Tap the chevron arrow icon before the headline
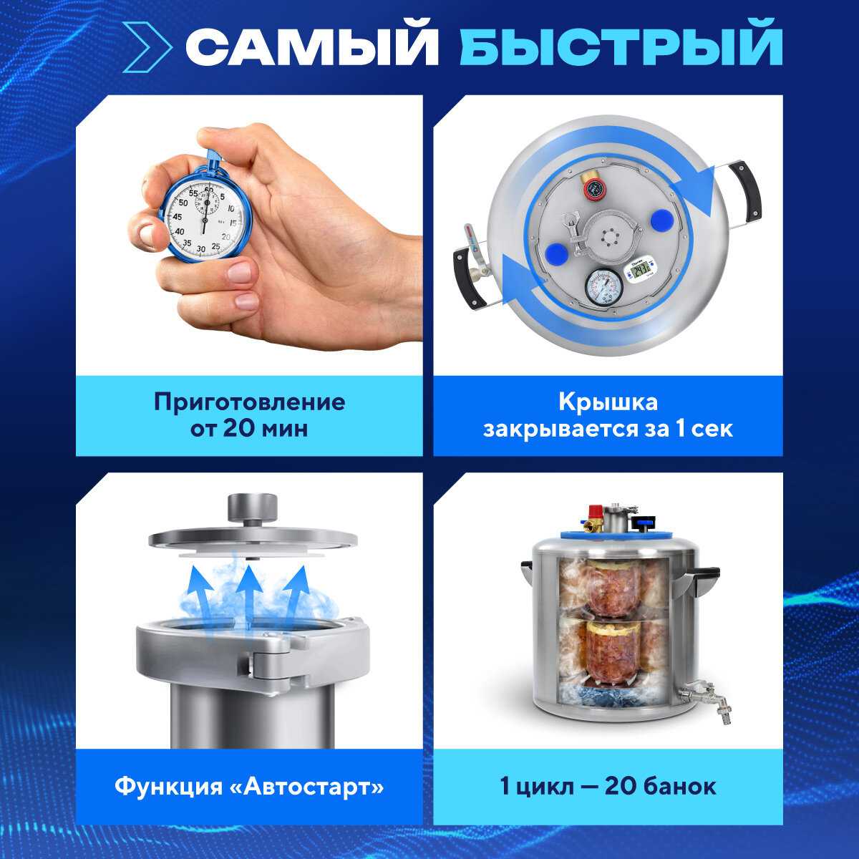146,47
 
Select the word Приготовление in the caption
249,403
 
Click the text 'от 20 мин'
249,429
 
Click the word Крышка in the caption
608,402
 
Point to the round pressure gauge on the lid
602,288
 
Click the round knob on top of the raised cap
252,508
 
